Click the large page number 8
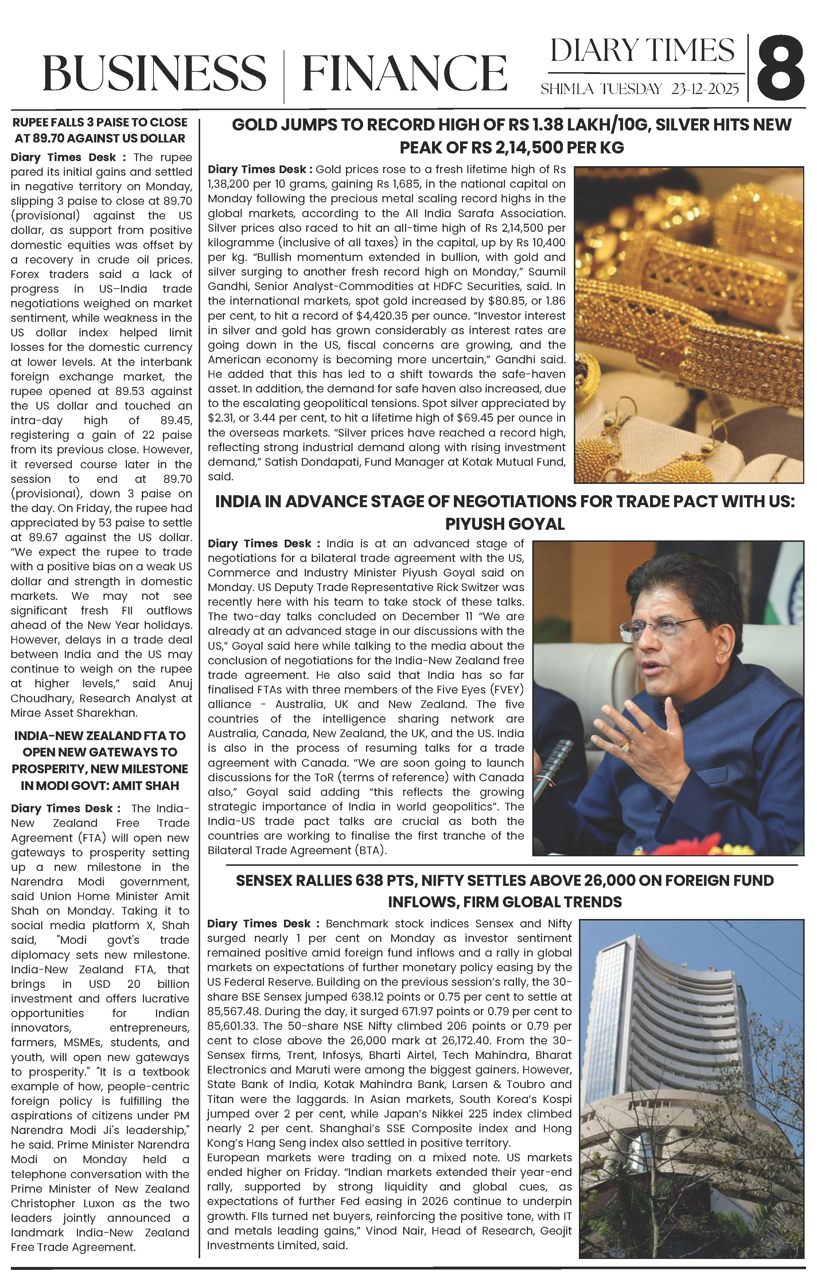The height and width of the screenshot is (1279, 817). coord(780,68)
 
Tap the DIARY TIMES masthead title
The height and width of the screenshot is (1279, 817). coord(642,50)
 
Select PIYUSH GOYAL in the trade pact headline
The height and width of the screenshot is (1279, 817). coord(505,524)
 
